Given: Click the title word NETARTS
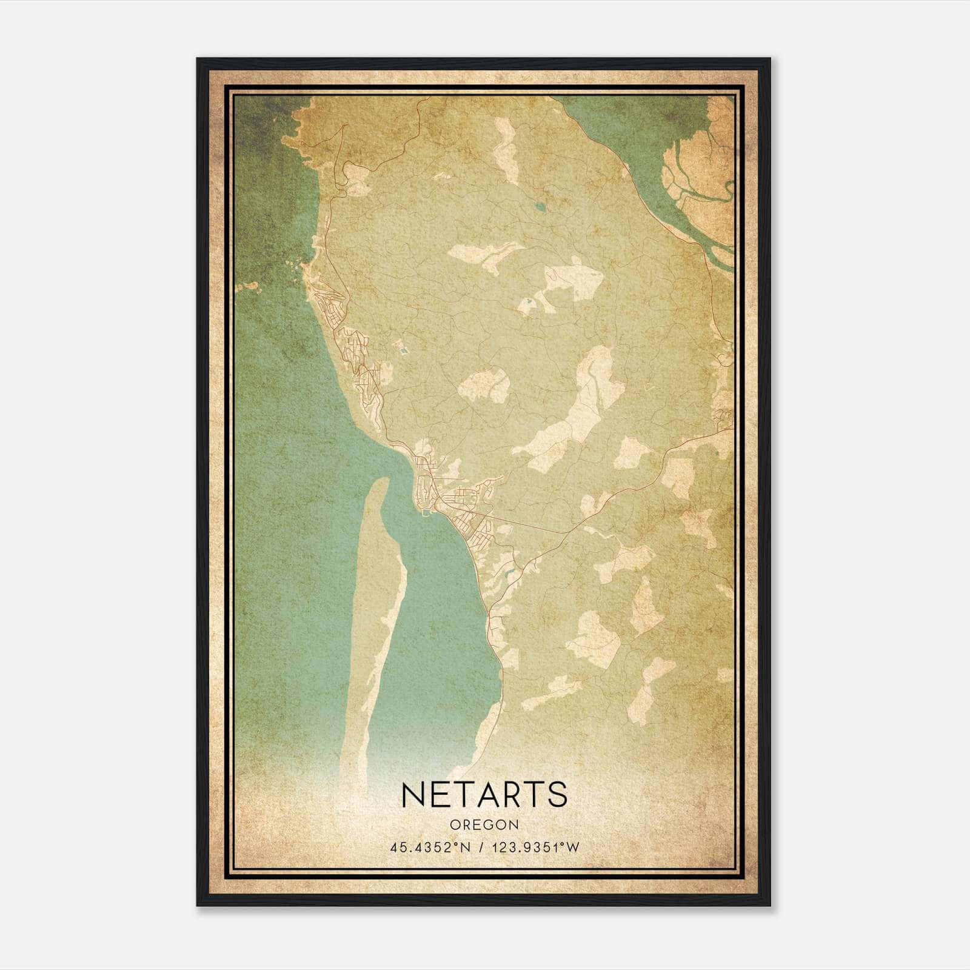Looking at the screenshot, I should pos(484,794).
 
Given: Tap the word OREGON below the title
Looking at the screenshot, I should pos(484,825).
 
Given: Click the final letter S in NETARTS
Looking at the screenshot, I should pos(558,794).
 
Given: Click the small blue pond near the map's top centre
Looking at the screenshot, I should pos(540,207).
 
